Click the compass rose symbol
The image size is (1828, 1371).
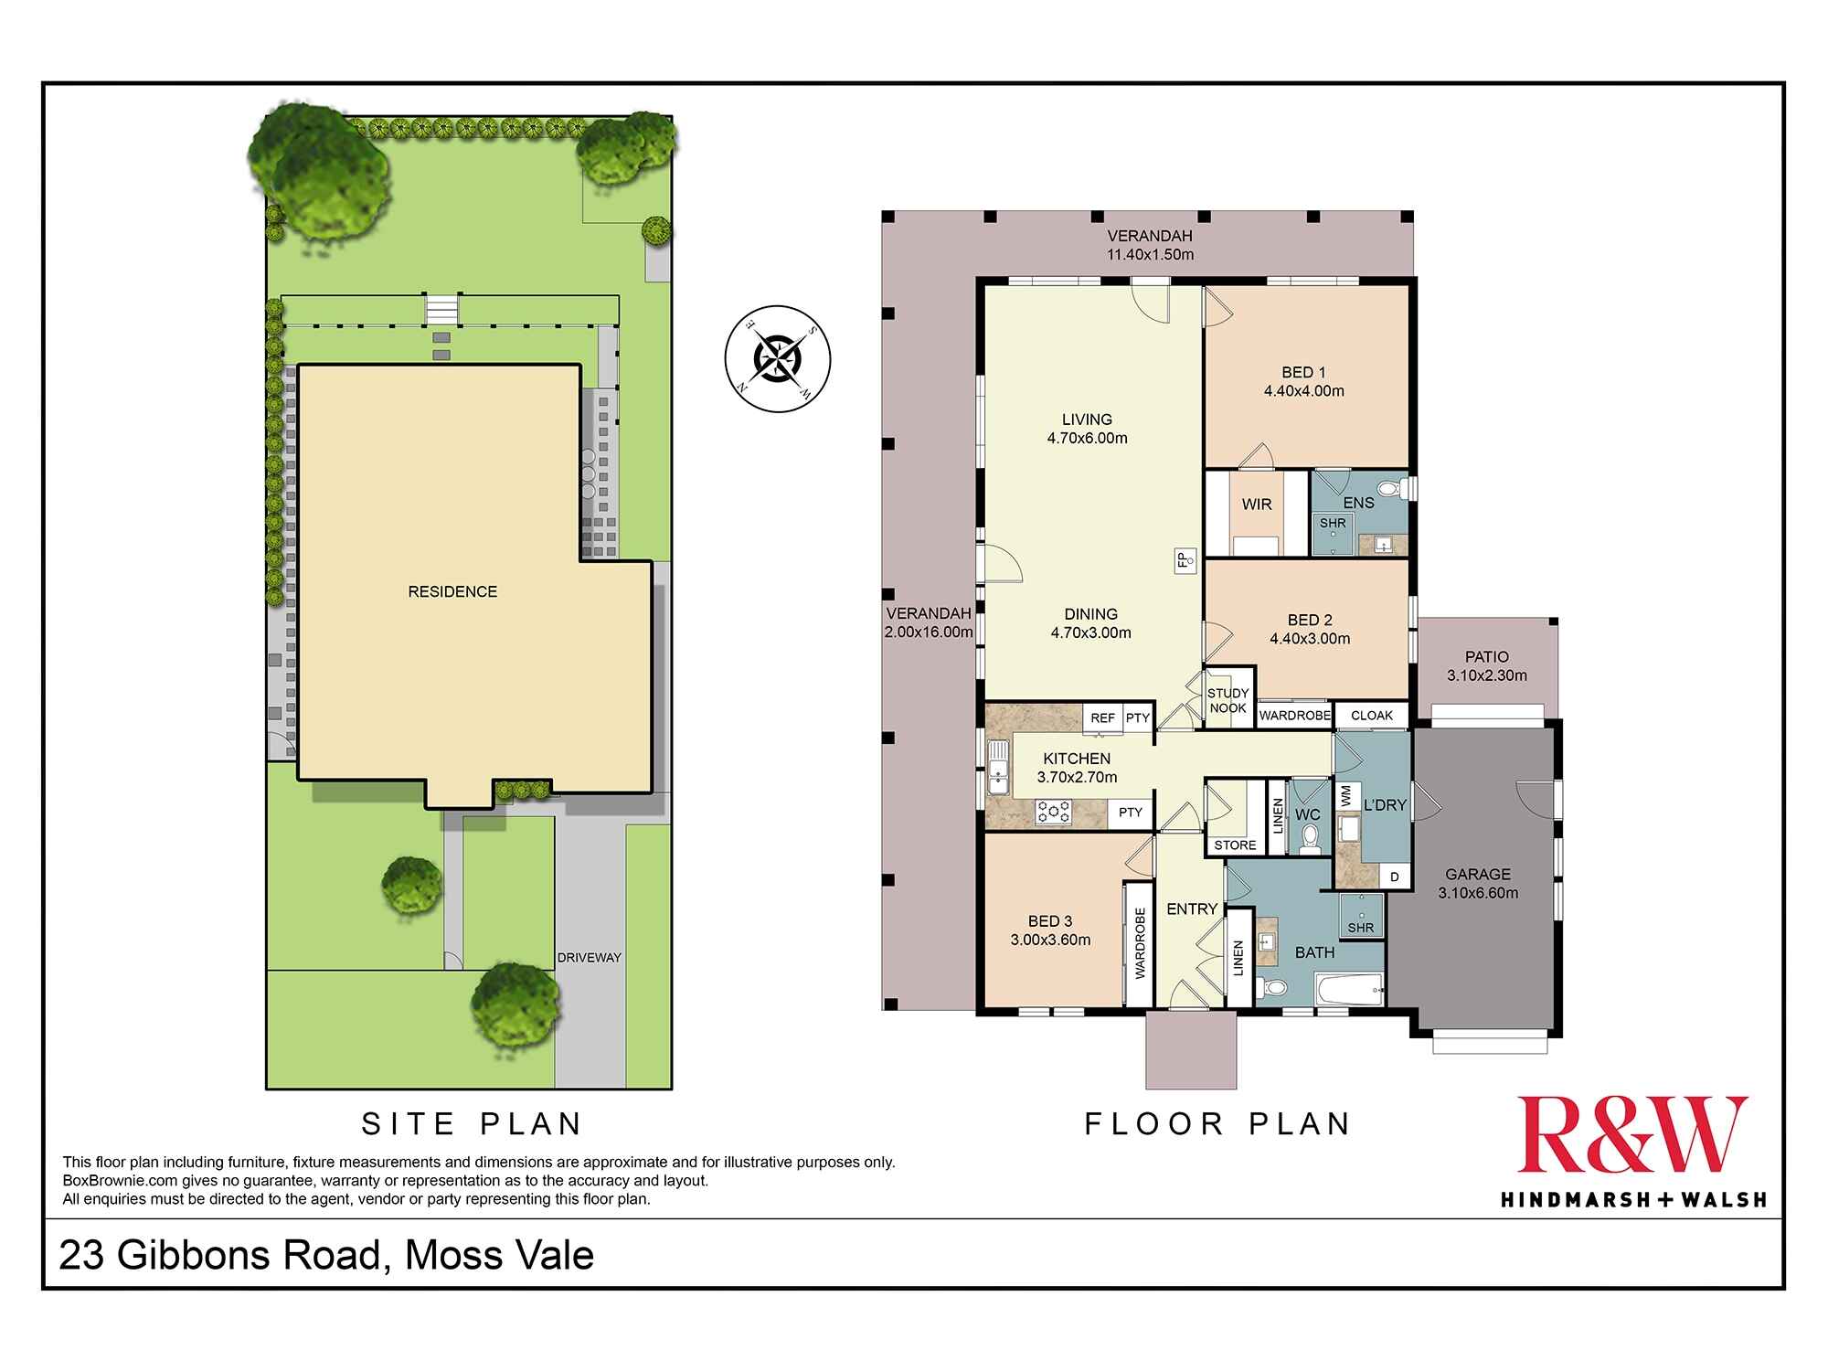coord(777,358)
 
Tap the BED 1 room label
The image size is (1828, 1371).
coord(1303,373)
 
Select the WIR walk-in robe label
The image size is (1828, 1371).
coord(1257,505)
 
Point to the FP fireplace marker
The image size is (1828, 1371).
coord(1183,559)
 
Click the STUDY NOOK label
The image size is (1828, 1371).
coord(1228,701)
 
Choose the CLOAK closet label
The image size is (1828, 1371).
coord(1371,716)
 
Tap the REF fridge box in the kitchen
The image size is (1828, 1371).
coord(1103,718)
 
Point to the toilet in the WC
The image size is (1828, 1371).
coord(1309,837)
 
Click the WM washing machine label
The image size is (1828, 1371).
coord(1345,797)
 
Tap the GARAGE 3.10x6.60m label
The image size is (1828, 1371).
coord(1478,884)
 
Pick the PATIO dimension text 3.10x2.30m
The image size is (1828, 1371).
coord(1486,676)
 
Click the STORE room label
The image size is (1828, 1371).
coord(1235,845)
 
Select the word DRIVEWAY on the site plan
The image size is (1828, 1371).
coord(590,958)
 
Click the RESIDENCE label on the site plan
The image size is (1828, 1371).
coord(452,592)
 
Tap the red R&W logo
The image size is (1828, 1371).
coord(1632,1135)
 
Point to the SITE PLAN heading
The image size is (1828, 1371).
coord(472,1123)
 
